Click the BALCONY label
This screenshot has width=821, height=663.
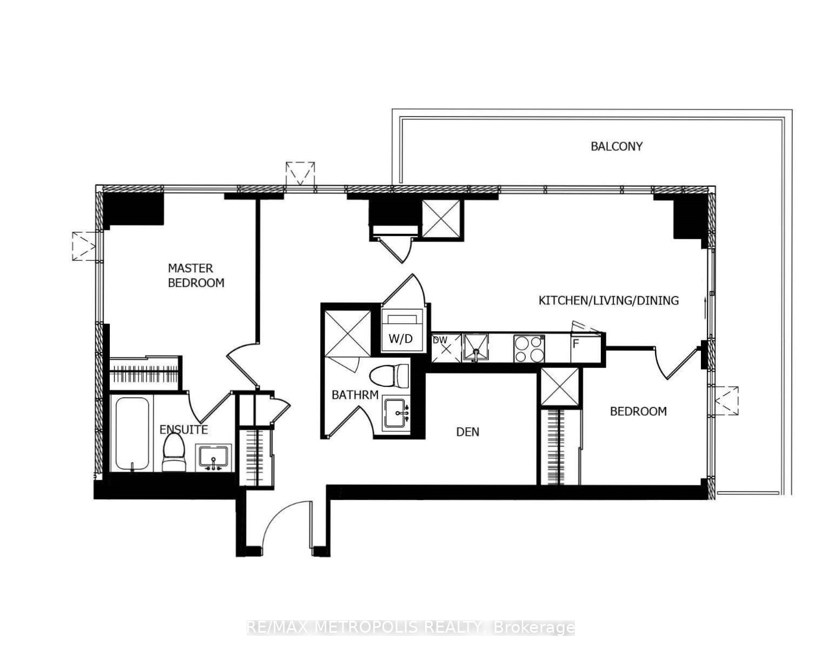[616, 146]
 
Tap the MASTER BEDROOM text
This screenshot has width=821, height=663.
[195, 275]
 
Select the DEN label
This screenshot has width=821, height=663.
[467, 432]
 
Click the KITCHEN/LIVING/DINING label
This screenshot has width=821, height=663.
[608, 300]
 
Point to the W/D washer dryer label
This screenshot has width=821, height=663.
[400, 339]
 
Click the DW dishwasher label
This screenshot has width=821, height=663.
[440, 340]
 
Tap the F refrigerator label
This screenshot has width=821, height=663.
[576, 343]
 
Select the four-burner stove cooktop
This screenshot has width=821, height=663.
[529, 349]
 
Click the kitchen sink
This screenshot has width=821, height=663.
[475, 347]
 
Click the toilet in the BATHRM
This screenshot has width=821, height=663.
[390, 376]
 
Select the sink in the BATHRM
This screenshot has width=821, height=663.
[397, 414]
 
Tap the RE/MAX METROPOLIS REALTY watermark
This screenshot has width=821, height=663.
[410, 628]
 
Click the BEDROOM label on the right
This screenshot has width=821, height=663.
[638, 411]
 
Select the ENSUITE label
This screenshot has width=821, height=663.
[183, 430]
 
